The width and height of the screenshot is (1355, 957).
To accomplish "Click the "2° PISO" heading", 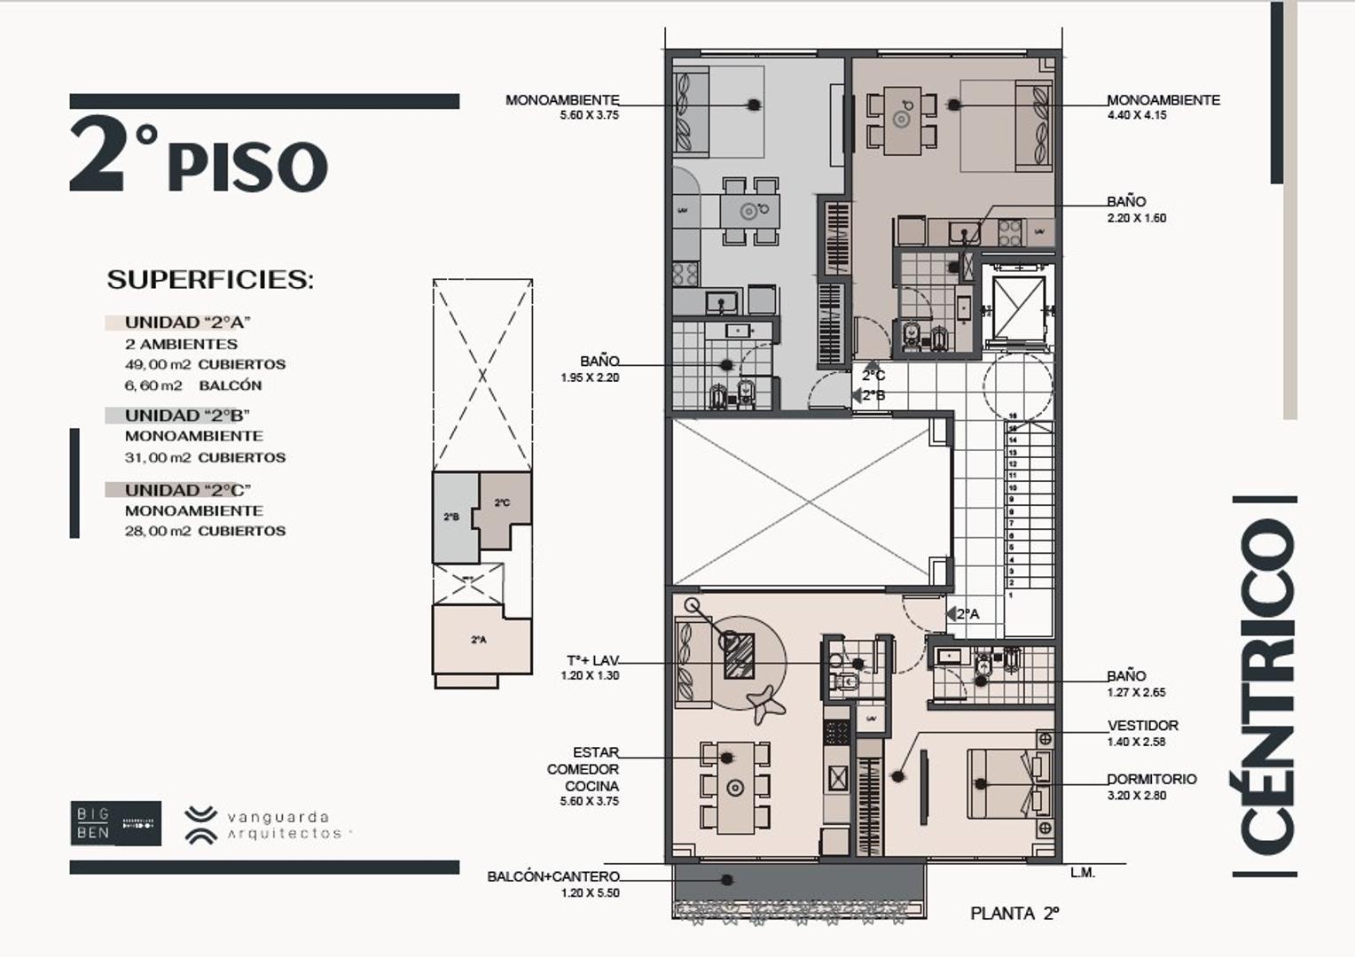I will tap(200, 158).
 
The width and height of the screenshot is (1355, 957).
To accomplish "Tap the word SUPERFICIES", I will tap(210, 280).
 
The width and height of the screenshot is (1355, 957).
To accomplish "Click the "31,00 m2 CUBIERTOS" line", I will tap(205, 457).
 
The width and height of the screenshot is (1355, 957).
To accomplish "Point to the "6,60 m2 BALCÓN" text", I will tap(193, 385).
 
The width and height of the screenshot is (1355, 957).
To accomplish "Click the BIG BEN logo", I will tap(115, 823).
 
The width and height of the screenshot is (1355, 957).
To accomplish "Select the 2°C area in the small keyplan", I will tap(502, 504).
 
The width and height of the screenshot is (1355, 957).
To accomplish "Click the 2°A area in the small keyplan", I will tap(479, 640).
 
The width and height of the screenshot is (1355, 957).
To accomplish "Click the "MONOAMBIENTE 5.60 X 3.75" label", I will tap(563, 106).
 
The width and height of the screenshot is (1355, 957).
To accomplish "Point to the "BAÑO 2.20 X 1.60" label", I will tap(1135, 209).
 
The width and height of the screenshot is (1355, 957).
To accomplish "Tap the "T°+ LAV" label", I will tap(591, 667).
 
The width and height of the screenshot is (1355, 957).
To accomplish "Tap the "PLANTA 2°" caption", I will tap(1014, 914).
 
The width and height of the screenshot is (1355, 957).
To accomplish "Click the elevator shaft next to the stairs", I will tap(1018, 307).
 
